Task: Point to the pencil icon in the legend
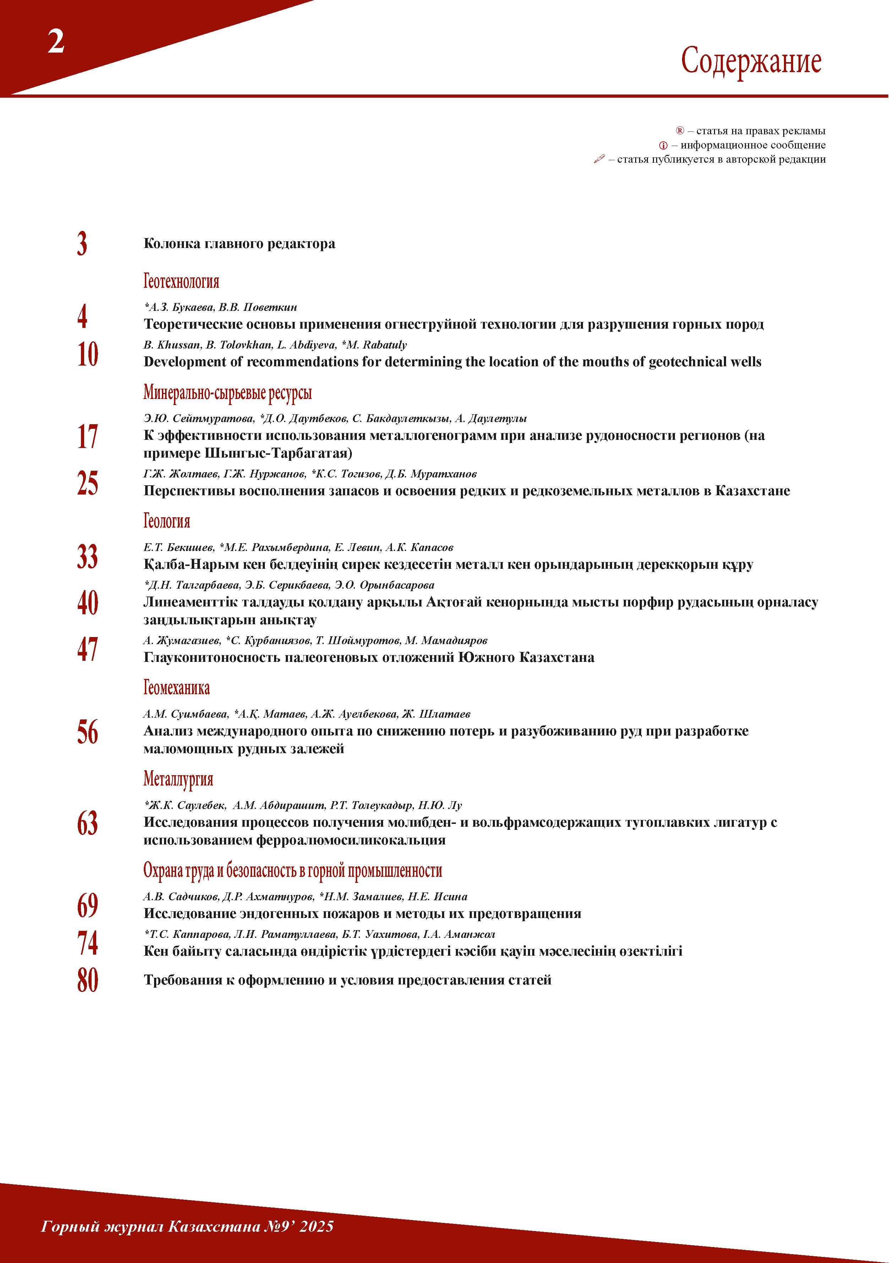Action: coord(599,160)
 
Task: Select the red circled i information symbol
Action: coord(663,146)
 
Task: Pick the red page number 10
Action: coord(87,354)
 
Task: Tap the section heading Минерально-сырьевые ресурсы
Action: coord(228,393)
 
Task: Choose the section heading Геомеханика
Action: coord(176,687)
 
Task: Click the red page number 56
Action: coord(87,732)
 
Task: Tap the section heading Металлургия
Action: coord(178,779)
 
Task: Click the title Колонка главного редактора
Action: coord(239,244)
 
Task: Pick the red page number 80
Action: coord(87,980)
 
